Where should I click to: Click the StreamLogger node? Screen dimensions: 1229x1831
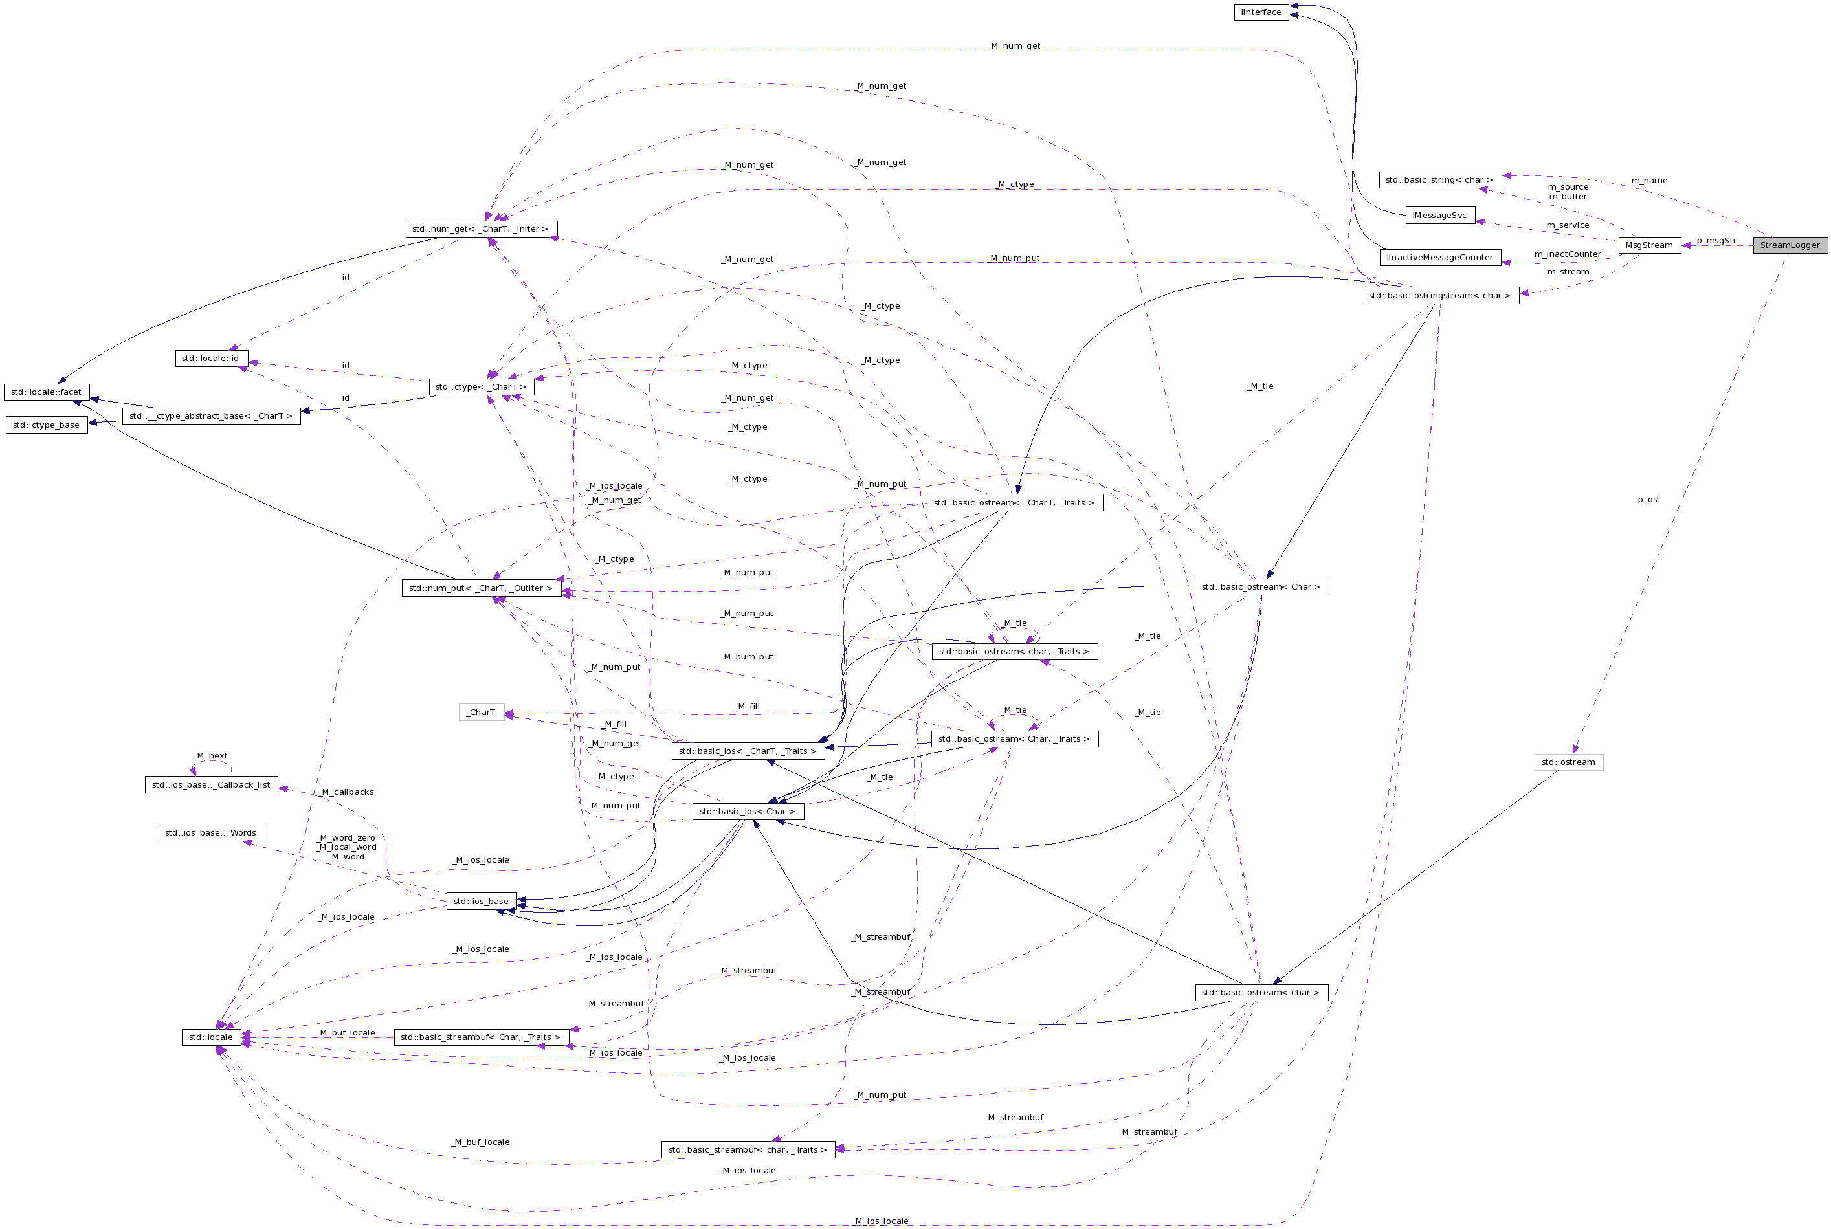pos(1790,245)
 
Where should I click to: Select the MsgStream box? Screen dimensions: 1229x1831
pos(1648,245)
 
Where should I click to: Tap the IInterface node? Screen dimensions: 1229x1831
pos(1260,12)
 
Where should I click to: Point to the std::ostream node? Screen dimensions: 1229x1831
pos(1568,762)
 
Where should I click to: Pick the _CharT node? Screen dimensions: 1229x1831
pos(482,713)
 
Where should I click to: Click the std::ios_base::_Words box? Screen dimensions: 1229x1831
pos(211,833)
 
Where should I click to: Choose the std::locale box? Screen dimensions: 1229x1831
pos(211,1037)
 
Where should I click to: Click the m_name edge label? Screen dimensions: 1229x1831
pos(1648,181)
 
